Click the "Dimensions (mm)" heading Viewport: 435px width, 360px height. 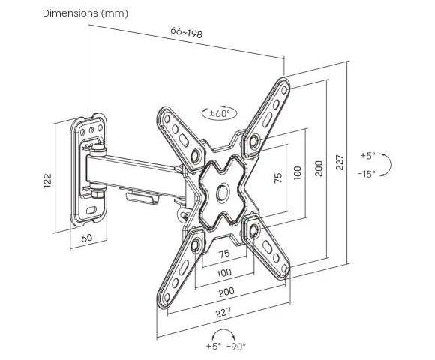[x=85, y=13]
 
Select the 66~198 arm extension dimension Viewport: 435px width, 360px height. [x=187, y=32]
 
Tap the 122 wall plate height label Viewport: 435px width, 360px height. [x=48, y=181]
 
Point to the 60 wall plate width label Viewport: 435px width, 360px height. [x=87, y=238]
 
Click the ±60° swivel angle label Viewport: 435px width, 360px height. [x=220, y=114]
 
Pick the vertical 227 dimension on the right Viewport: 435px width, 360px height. [x=340, y=163]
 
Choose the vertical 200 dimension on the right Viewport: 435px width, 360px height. [x=319, y=168]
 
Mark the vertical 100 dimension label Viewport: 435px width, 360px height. [x=298, y=172]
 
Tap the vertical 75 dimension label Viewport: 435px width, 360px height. [x=278, y=178]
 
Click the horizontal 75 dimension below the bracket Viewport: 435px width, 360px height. [x=224, y=253]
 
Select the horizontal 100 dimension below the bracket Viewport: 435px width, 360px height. [x=224, y=273]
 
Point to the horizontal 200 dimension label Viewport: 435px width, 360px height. [x=226, y=292]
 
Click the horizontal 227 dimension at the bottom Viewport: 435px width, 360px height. [x=223, y=312]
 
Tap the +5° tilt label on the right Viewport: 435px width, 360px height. [x=367, y=155]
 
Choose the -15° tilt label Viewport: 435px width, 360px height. [x=367, y=174]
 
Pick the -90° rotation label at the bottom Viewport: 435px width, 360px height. [x=236, y=346]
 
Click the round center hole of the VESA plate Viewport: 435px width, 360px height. [x=223, y=193]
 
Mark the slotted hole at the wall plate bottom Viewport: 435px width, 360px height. [x=91, y=210]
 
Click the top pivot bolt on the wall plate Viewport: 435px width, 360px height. [x=98, y=149]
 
